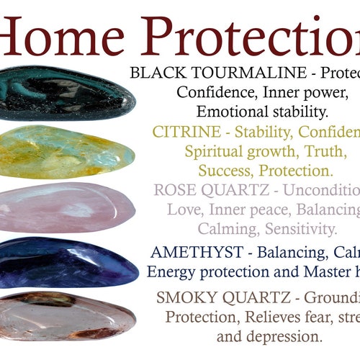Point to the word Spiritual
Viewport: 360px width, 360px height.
coord(213,152)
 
